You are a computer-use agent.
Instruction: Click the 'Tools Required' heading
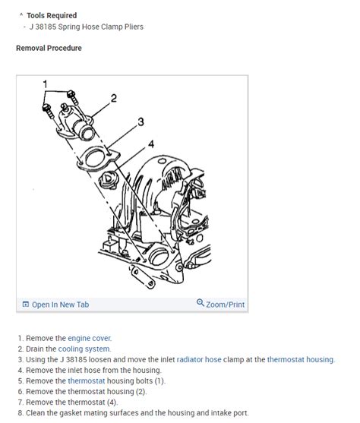(52, 15)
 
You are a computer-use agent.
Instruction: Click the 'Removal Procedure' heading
(49, 48)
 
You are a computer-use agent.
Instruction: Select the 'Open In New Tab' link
(60, 305)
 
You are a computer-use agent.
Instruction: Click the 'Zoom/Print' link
(226, 305)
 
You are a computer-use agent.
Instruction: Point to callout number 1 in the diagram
(45, 84)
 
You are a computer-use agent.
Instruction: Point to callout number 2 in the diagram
(112, 98)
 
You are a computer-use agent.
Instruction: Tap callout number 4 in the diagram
(150, 143)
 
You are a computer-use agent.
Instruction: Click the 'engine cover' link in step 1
(90, 338)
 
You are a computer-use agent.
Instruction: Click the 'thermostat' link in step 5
(86, 381)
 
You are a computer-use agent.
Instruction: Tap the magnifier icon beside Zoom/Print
(201, 304)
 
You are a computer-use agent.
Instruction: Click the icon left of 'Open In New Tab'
(25, 305)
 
